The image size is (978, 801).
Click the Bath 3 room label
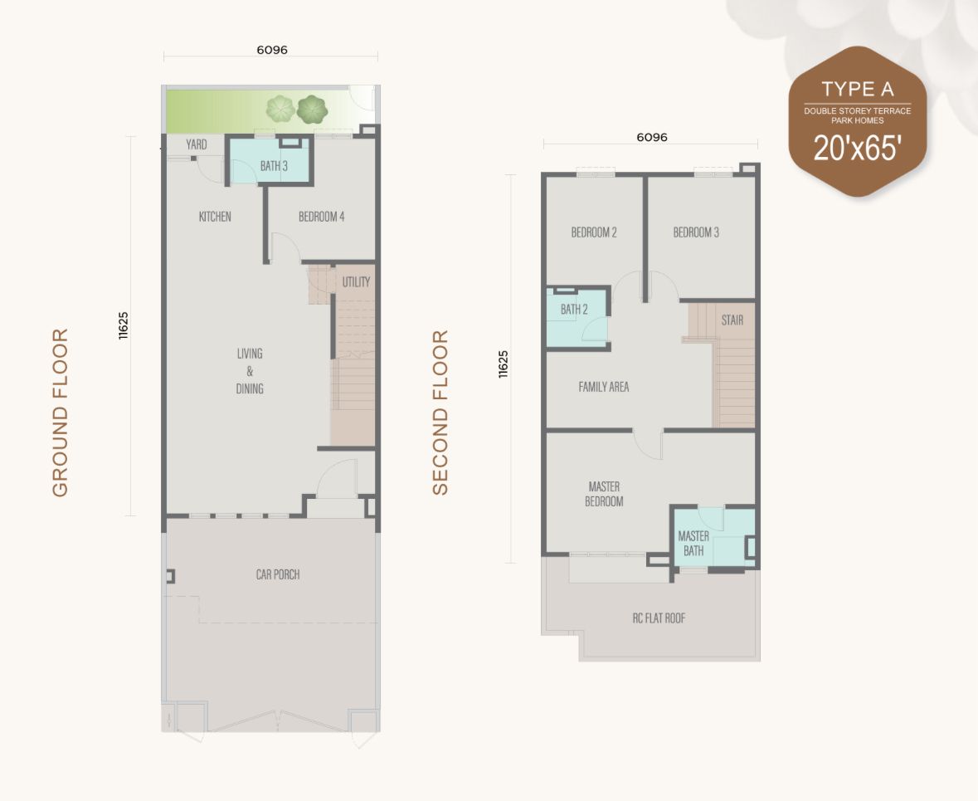(274, 166)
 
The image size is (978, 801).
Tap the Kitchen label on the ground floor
(215, 217)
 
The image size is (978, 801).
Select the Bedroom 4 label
(321, 217)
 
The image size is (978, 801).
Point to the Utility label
(356, 282)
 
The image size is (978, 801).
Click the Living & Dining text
(250, 371)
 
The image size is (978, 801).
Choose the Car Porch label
(278, 574)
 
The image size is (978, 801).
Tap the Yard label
(197, 144)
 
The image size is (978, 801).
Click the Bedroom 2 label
(594, 232)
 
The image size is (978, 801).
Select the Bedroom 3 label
(696, 232)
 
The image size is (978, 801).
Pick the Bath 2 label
(574, 310)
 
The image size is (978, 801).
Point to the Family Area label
(604, 387)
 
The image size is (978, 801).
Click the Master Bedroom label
(604, 494)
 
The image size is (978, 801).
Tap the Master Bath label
(693, 543)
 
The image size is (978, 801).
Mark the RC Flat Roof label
(659, 618)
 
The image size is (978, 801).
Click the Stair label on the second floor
(732, 320)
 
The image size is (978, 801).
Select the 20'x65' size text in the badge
(858, 150)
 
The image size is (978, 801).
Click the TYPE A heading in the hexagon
(858, 89)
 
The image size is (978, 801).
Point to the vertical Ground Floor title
(60, 413)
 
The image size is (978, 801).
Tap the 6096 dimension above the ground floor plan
(271, 50)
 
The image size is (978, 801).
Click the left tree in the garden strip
(280, 109)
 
